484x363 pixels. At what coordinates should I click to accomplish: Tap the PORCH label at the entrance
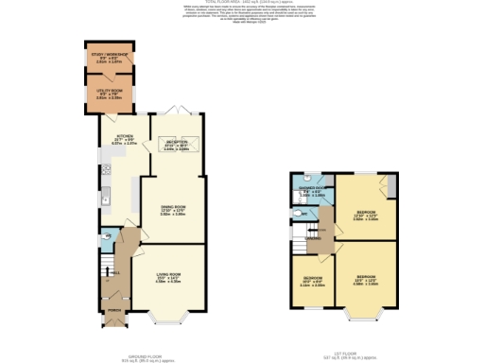[x=113, y=312]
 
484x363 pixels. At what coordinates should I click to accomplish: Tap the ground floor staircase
[x=119, y=255]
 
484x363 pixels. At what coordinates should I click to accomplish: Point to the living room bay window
[x=168, y=318]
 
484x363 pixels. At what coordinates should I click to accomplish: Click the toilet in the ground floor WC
[x=106, y=235]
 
